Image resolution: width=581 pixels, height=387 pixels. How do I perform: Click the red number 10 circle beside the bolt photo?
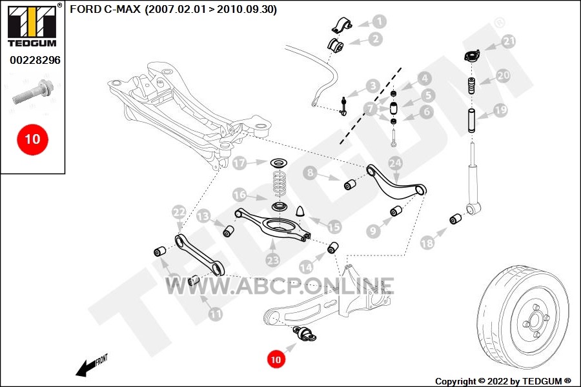[32, 139]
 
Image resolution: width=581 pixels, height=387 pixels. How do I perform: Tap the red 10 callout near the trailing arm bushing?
[276, 359]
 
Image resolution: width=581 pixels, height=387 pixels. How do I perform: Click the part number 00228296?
[36, 60]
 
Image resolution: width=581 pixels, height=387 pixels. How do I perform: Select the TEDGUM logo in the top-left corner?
[33, 25]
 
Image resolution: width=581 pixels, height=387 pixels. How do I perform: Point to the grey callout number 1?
[379, 21]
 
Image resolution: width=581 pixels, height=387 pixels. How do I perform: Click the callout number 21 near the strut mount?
[509, 41]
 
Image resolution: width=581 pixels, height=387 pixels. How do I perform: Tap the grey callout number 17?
[240, 163]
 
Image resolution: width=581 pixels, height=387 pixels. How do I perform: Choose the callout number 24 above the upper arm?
[395, 163]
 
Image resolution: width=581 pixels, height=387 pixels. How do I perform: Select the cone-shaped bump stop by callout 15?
[300, 211]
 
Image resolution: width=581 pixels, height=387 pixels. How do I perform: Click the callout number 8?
[310, 172]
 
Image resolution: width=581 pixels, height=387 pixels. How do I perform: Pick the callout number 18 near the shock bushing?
[427, 243]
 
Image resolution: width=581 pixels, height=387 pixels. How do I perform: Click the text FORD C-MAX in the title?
[105, 9]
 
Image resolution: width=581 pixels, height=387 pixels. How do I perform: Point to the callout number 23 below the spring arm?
[272, 260]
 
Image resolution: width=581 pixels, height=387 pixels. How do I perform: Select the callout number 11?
[215, 314]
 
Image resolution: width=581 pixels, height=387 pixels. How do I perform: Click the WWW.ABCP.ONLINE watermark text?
[280, 286]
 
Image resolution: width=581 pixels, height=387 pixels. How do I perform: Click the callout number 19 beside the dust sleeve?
[500, 110]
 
